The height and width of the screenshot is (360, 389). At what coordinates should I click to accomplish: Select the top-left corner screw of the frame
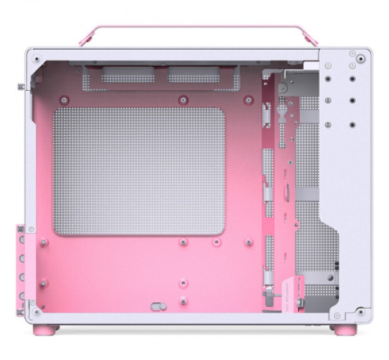tap(37, 58)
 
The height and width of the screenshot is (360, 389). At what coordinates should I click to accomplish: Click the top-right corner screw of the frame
tap(360, 57)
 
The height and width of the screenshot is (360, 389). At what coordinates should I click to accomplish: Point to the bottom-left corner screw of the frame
tap(37, 313)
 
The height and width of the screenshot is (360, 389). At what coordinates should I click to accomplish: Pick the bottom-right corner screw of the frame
tap(360, 313)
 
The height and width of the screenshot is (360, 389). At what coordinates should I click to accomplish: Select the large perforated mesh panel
tap(139, 172)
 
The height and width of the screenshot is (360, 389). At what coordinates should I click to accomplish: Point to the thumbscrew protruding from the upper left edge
tap(22, 87)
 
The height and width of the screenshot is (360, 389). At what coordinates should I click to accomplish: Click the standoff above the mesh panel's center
tap(183, 99)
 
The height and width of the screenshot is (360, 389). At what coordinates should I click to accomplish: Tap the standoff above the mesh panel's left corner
tap(63, 99)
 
